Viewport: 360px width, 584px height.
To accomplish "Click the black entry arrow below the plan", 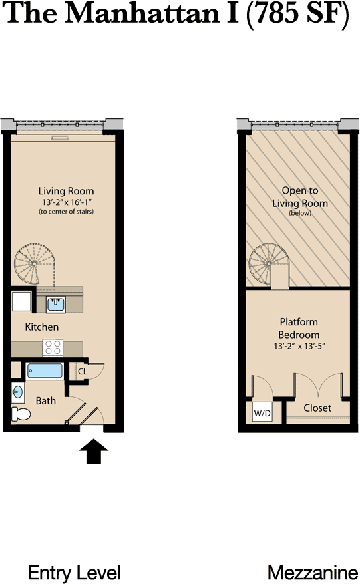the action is [x=94, y=452].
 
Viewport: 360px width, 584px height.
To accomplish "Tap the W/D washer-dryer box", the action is [x=262, y=412].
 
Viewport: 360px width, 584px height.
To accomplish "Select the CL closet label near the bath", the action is [x=83, y=372].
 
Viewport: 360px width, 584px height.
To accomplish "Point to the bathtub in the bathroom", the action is [x=45, y=371].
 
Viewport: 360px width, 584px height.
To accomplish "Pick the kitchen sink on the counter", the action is [x=55, y=305].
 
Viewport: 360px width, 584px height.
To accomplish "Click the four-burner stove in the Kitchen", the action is [x=53, y=348].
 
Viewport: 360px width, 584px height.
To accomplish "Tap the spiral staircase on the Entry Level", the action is [x=35, y=265].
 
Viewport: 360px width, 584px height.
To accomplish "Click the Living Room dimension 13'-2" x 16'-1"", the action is [x=67, y=202].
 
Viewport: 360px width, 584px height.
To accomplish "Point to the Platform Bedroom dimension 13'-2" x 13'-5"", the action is [x=299, y=346].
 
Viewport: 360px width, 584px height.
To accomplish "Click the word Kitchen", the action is [x=42, y=327].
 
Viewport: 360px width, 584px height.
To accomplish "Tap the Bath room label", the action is [x=45, y=401].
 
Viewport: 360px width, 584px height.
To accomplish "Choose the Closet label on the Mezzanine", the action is [x=317, y=408].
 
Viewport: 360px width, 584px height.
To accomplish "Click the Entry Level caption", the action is [x=74, y=573].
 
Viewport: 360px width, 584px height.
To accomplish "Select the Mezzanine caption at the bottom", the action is [x=313, y=573].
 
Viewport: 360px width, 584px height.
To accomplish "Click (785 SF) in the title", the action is [x=297, y=13].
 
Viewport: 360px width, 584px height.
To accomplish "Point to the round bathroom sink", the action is [x=17, y=392].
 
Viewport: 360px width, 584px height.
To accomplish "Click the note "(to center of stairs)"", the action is [x=67, y=212].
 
